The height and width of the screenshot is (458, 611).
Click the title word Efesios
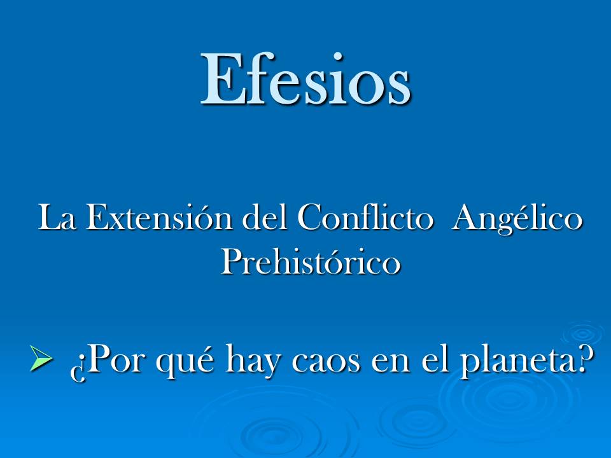(306, 79)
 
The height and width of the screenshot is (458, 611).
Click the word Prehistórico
(311, 261)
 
